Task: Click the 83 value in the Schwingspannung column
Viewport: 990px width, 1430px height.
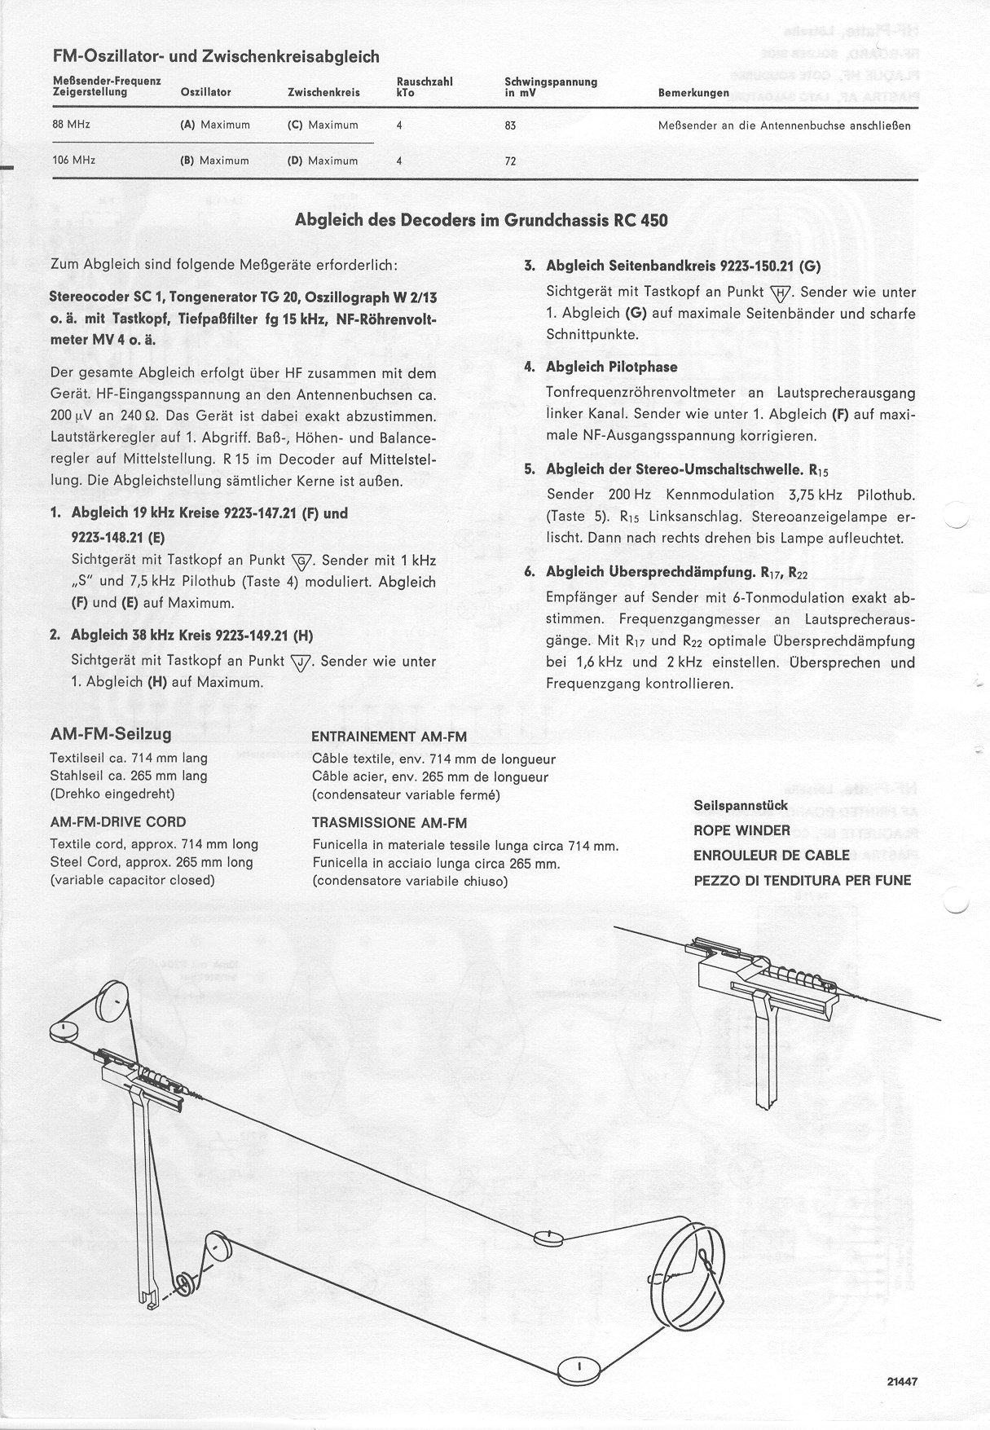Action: (511, 125)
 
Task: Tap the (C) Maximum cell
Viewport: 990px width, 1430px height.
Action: (323, 125)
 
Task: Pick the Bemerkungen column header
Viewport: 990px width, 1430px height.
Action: (693, 93)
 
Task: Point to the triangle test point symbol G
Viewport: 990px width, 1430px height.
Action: (301, 561)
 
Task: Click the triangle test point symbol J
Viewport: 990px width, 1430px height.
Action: (301, 661)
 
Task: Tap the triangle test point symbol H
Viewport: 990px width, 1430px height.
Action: (781, 292)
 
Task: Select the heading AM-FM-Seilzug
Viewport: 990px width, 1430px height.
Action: (111, 735)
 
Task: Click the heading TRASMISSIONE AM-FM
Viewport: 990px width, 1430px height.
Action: (389, 823)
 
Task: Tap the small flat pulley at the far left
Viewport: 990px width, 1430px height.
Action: (63, 1032)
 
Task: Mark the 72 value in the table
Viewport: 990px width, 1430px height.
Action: (511, 161)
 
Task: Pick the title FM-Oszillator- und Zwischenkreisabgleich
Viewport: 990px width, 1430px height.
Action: (215, 56)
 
